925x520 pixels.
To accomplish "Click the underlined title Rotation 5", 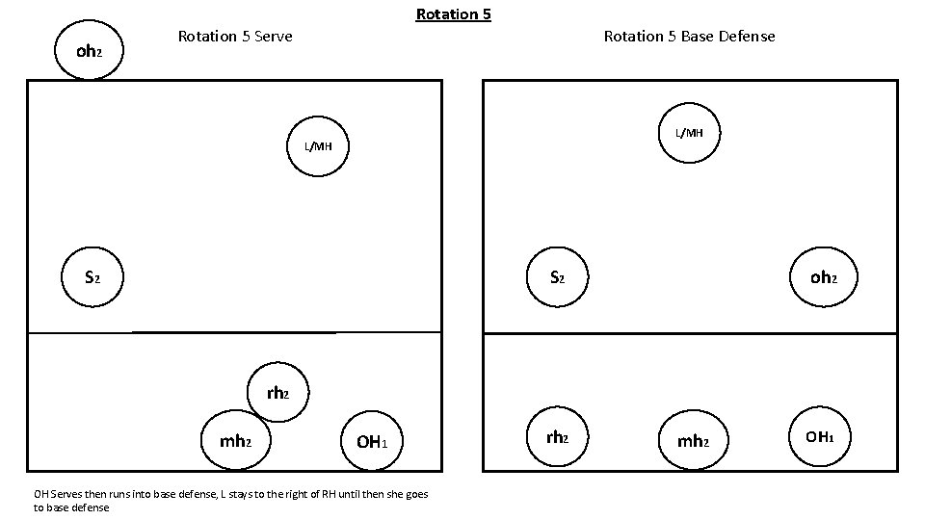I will (x=453, y=14).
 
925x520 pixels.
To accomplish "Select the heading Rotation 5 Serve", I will (x=235, y=37).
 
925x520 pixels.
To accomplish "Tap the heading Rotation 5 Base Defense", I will (x=689, y=37).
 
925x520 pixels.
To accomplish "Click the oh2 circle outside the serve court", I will (x=88, y=51).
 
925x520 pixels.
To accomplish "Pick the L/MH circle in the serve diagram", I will (x=318, y=146).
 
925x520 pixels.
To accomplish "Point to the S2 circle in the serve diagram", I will (x=92, y=277).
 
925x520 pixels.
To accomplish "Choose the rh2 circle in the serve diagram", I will (x=277, y=393).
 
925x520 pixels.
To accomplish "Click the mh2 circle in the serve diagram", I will (x=236, y=441).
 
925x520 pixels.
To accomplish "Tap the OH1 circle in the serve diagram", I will (x=372, y=442).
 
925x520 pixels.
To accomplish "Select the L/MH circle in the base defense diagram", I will (x=689, y=132).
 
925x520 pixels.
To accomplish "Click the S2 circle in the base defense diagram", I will (x=557, y=277).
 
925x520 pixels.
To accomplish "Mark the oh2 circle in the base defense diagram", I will (x=822, y=277).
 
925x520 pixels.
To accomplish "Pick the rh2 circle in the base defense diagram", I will (x=557, y=437).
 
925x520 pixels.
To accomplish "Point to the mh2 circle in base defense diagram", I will (x=692, y=442).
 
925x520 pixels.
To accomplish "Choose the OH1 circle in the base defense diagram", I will (x=820, y=437).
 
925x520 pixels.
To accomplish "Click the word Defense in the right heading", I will (x=746, y=37).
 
